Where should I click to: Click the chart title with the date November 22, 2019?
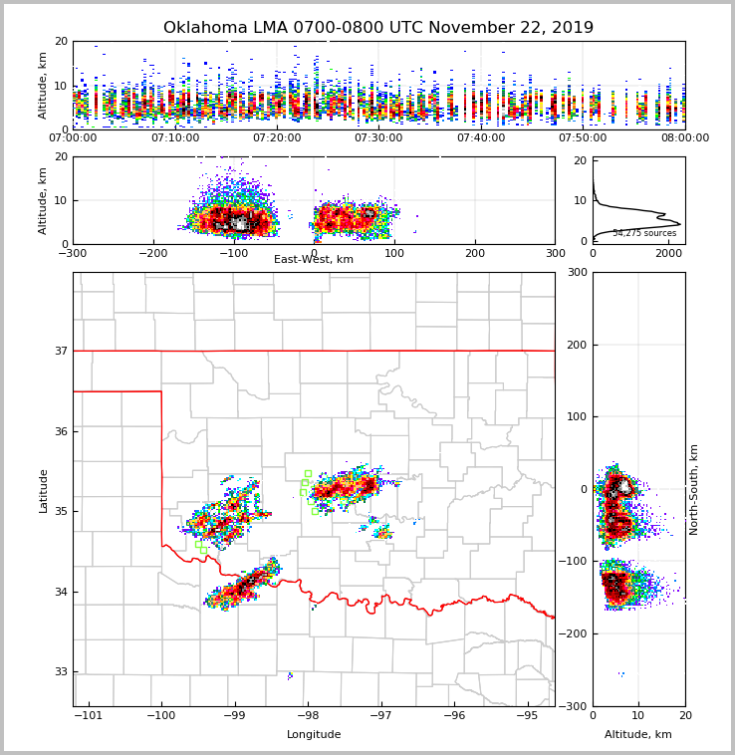pyautogui.click(x=378, y=28)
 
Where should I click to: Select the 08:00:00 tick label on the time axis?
pyautogui.click(x=684, y=137)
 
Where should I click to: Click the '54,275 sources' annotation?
pyautogui.click(x=644, y=233)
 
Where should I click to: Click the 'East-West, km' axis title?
pyautogui.click(x=314, y=260)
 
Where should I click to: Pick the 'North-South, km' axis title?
pyautogui.click(x=694, y=489)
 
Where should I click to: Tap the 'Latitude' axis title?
pyautogui.click(x=44, y=490)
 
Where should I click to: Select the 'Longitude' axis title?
pyautogui.click(x=314, y=735)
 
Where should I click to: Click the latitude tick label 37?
pyautogui.click(x=60, y=351)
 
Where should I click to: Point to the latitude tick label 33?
pyautogui.click(x=60, y=671)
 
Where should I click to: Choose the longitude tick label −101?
pyautogui.click(x=89, y=715)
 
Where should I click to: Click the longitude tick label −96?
pyautogui.click(x=454, y=715)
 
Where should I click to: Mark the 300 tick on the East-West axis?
pyautogui.click(x=555, y=253)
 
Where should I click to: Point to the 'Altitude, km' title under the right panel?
pyautogui.click(x=638, y=735)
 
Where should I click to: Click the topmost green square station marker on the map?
pyautogui.click(x=308, y=474)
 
